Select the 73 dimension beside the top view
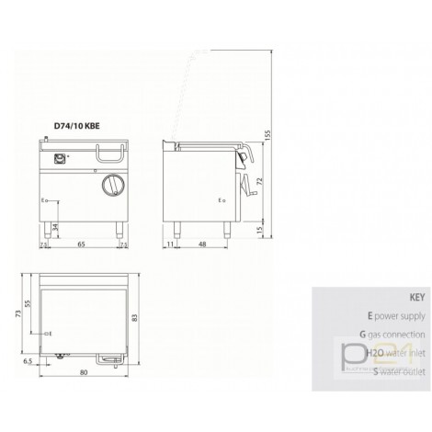pyautogui.click(x=17, y=313)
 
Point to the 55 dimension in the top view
pyautogui.click(x=27, y=302)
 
